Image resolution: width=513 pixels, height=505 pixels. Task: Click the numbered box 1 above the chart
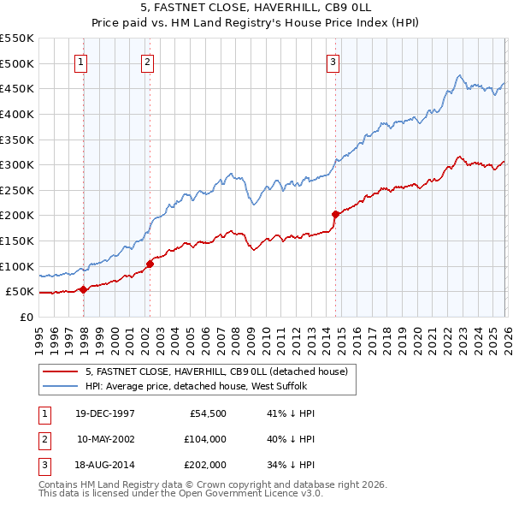pos(80,61)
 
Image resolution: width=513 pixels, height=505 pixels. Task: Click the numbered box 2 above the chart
pos(147,61)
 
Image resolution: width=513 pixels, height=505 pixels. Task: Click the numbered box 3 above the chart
pos(333,61)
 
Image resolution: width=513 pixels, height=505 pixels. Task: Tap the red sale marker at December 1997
pos(84,289)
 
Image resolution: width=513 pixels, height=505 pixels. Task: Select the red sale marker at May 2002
pos(150,264)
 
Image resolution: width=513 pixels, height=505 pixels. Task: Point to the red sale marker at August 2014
pos(335,215)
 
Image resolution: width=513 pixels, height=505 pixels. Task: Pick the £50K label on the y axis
pos(20,292)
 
